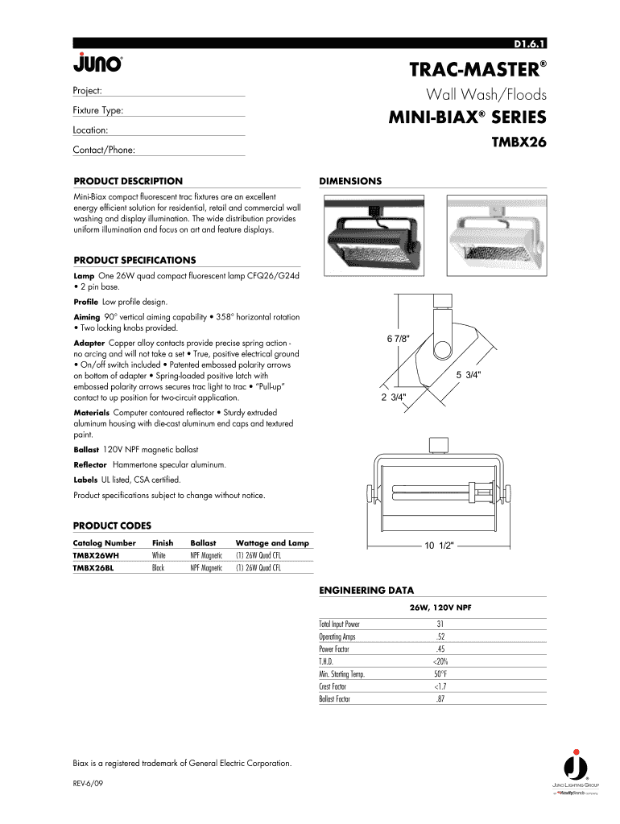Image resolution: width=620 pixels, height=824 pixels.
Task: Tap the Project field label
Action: [x=87, y=91]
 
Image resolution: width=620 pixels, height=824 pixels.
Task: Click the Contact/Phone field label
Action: [x=104, y=150]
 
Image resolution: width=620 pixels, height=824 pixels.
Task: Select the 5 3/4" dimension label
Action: [x=470, y=375]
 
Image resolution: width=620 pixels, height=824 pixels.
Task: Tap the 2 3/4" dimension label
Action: [x=394, y=397]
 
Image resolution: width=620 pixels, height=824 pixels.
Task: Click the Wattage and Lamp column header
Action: [x=272, y=543]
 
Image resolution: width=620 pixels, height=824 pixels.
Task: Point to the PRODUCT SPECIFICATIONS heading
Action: [x=134, y=260]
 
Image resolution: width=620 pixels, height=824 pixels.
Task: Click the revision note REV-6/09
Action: [x=89, y=783]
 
